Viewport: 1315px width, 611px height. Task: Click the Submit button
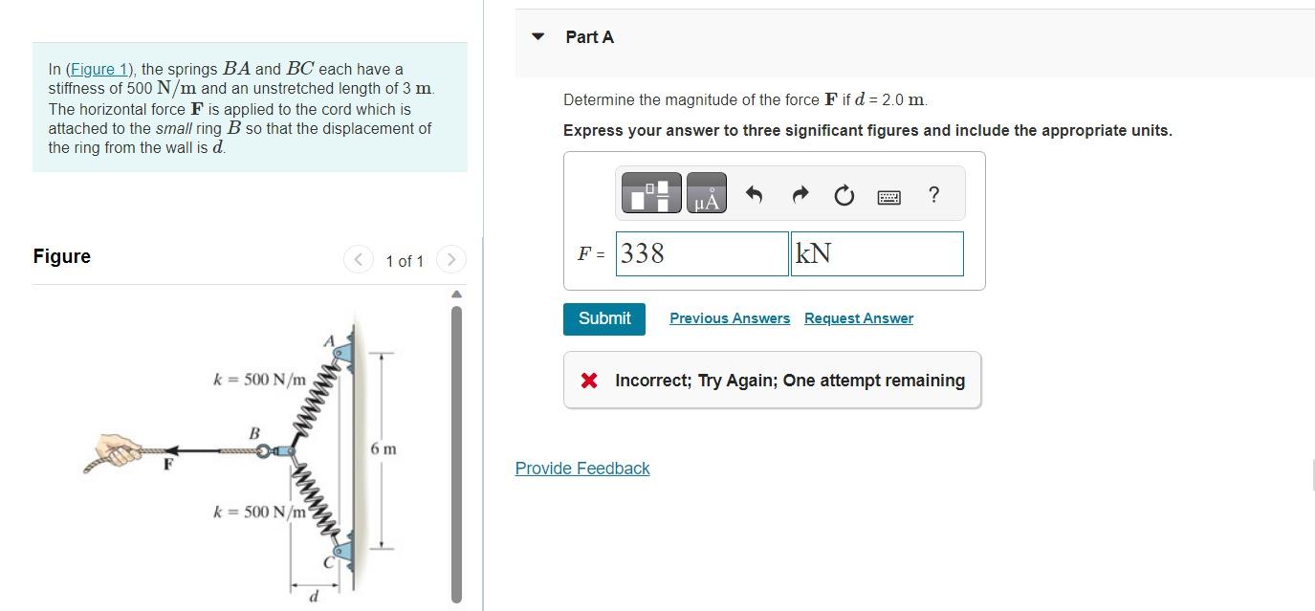point(604,318)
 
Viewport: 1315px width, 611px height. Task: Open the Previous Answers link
point(730,318)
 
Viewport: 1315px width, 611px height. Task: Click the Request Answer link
point(858,318)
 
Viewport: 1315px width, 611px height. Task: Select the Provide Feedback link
point(581,469)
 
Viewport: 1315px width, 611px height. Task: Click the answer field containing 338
point(701,253)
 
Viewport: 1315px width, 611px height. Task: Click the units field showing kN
point(876,253)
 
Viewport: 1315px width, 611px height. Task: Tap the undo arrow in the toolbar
point(754,196)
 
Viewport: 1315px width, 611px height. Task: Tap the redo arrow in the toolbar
point(799,196)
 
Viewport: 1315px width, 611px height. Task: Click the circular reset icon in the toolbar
point(843,197)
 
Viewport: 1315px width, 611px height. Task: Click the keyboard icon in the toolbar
point(888,197)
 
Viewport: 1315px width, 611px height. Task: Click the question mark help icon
point(933,195)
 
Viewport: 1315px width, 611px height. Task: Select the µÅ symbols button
point(706,194)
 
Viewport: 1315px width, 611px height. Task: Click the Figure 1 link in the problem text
point(99,69)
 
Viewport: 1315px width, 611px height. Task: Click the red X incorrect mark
point(589,381)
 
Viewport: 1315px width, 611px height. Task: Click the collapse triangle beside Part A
point(538,37)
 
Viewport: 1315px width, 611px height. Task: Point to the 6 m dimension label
point(383,448)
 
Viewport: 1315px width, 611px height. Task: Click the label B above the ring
point(254,433)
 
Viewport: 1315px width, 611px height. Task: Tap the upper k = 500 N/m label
point(259,380)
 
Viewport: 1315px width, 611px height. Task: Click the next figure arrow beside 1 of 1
point(451,259)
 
